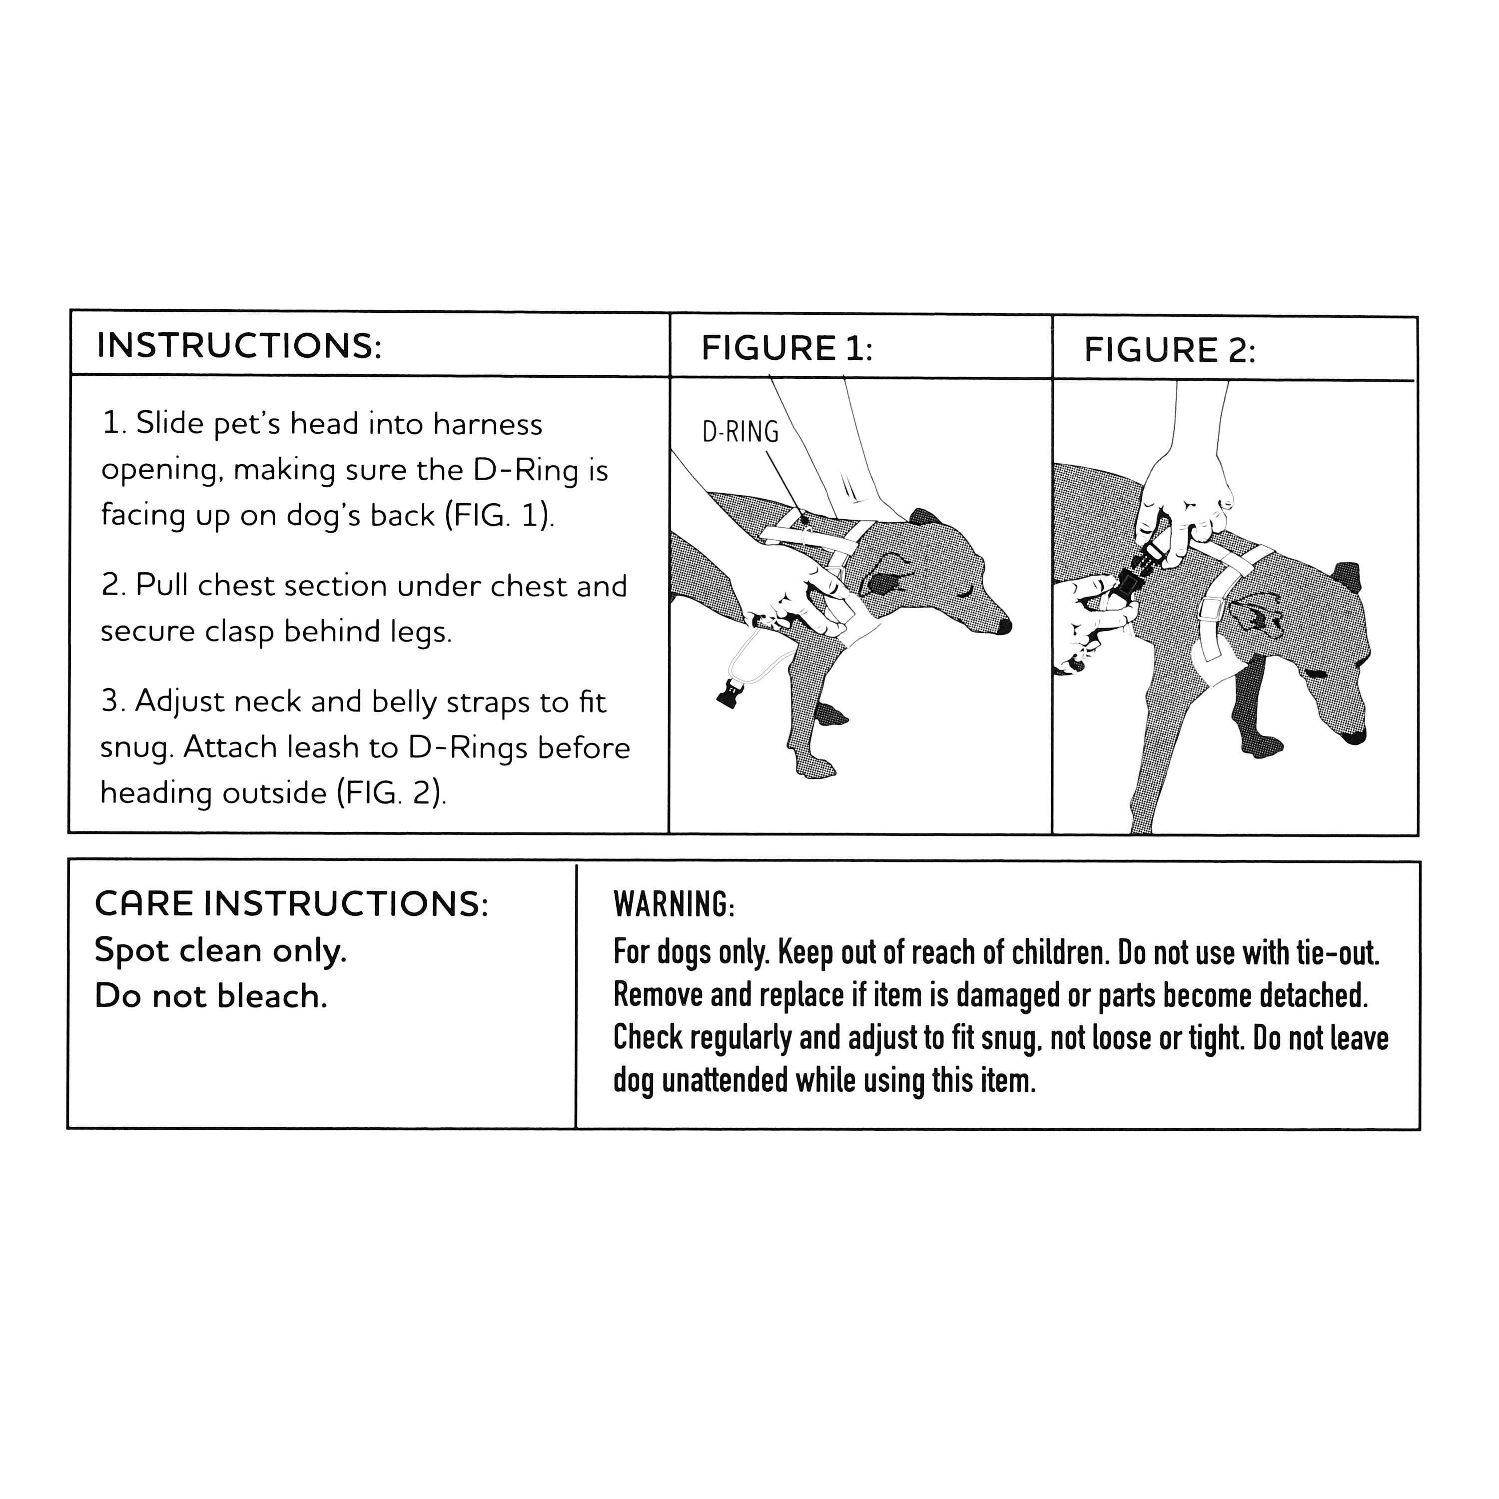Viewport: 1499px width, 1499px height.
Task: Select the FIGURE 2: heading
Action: coord(1169,351)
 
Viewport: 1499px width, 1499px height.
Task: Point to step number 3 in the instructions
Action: coord(113,702)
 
